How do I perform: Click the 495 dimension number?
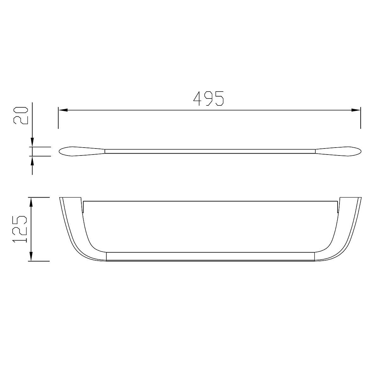208,98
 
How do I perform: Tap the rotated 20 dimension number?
21,116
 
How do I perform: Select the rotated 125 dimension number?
20,229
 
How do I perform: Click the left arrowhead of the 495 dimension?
63,110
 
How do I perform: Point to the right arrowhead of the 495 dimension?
356,110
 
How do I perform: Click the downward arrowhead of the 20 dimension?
32,142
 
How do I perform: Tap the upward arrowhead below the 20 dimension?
32,161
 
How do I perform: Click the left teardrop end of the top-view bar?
82,151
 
